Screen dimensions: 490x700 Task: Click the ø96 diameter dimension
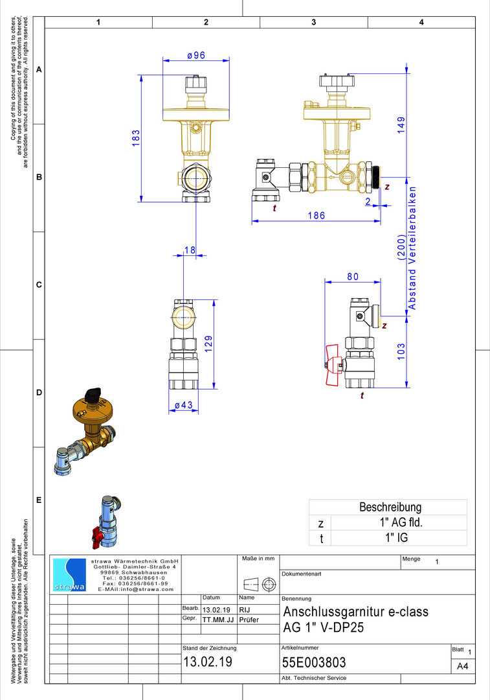click(x=196, y=55)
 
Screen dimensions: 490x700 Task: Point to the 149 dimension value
click(x=401, y=125)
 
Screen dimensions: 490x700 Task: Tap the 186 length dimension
click(x=316, y=216)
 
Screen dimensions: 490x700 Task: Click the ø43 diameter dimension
click(x=184, y=405)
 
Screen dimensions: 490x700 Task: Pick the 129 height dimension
click(x=208, y=344)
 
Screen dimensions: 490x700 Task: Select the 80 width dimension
click(x=353, y=277)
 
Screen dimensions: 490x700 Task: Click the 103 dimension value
click(x=401, y=351)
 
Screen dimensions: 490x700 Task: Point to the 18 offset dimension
click(x=190, y=250)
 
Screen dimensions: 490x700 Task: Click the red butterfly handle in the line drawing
click(x=332, y=364)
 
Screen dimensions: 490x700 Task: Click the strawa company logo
click(x=69, y=575)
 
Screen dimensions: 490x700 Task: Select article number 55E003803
click(x=314, y=662)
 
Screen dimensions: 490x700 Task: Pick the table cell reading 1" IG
click(x=397, y=537)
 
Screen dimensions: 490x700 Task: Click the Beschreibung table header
click(x=390, y=507)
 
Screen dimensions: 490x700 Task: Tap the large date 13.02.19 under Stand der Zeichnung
click(x=208, y=662)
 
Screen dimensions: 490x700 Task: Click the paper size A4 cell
click(x=463, y=666)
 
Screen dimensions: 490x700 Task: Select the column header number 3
click(x=314, y=22)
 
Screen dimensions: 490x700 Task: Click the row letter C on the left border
click(x=39, y=285)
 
